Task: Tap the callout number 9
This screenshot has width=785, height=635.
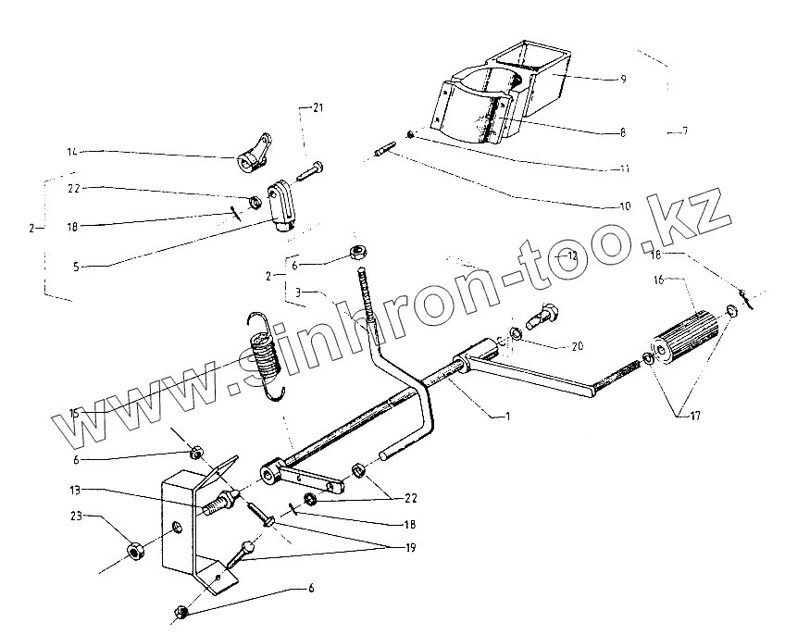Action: click(x=623, y=80)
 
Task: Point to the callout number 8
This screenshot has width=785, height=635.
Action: click(x=623, y=133)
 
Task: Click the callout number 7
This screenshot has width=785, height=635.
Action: click(x=684, y=132)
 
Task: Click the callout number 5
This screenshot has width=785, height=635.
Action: click(x=76, y=267)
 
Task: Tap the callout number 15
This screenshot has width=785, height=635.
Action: click(x=74, y=414)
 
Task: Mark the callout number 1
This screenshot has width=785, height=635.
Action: click(x=506, y=417)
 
